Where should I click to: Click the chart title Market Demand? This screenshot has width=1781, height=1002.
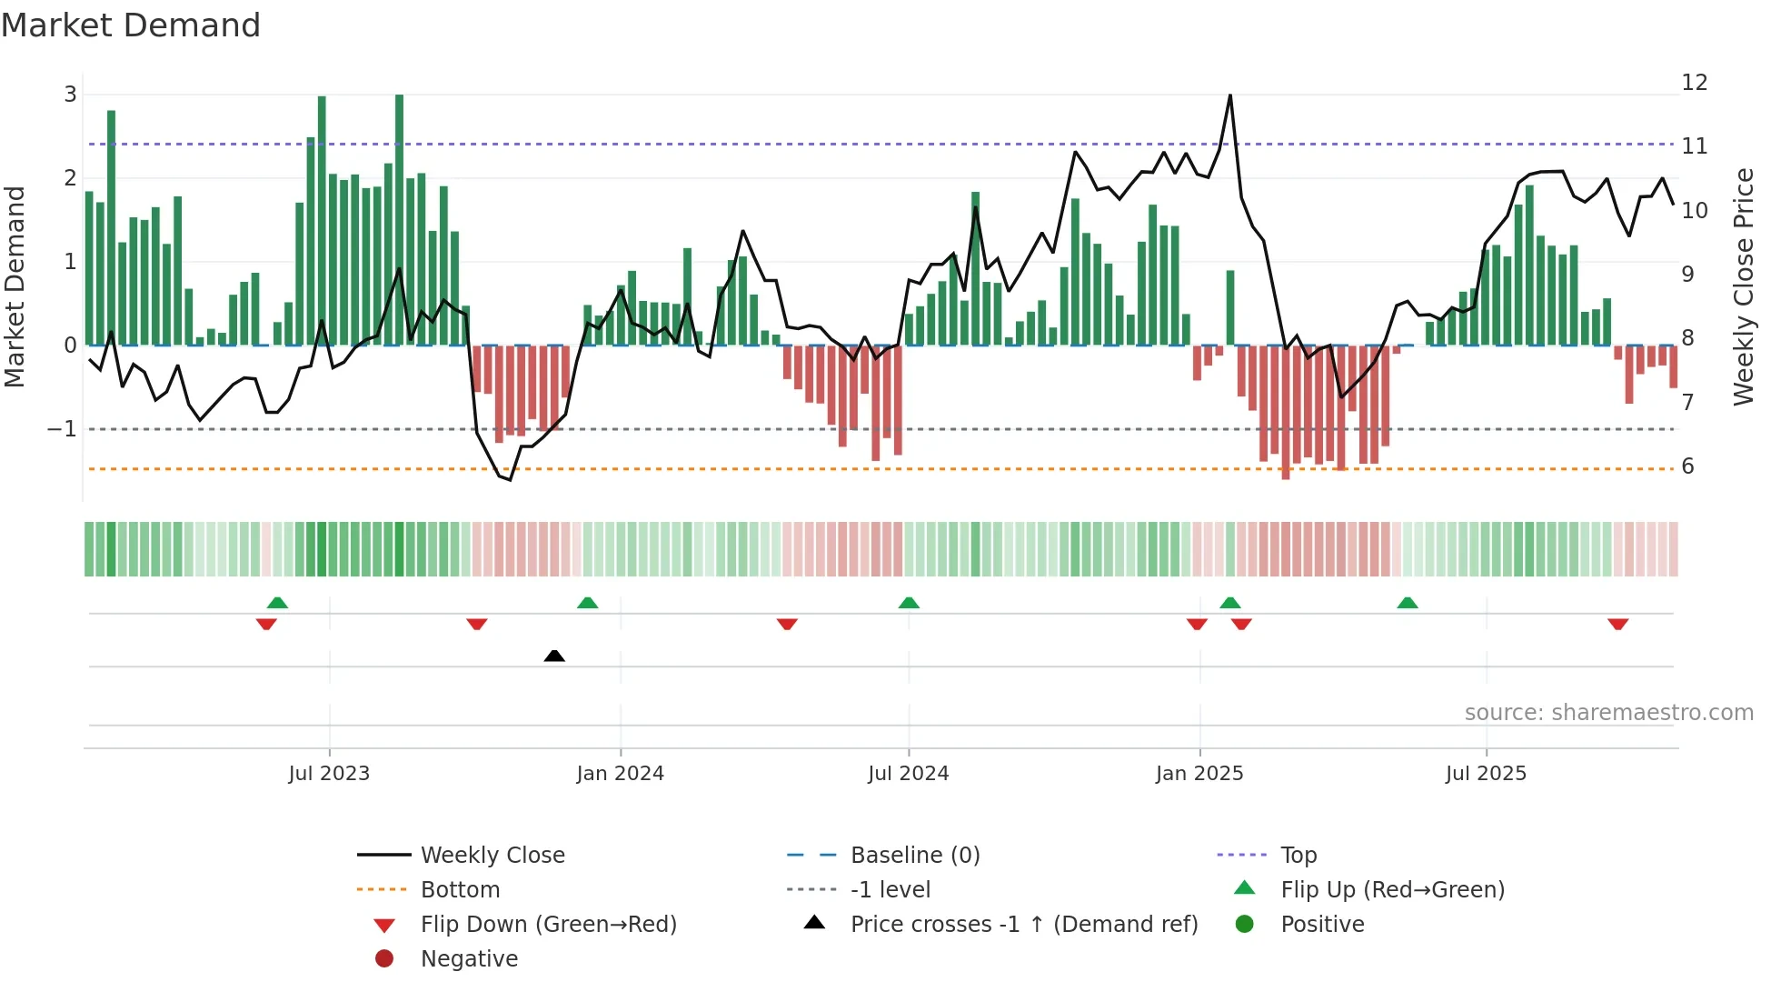coord(131,25)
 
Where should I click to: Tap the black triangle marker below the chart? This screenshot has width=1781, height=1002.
coord(554,656)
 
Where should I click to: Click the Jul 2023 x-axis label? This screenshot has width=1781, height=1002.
coord(329,774)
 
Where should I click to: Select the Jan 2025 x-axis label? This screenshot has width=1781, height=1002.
coord(1199,774)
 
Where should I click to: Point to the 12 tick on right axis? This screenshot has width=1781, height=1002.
coord(1695,83)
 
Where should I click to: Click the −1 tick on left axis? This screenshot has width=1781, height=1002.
coord(63,429)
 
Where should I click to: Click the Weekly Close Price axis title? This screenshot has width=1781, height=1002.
coord(1744,286)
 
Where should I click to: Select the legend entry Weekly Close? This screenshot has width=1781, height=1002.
coord(493,856)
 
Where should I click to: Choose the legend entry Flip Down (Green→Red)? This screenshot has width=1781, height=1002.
coord(548,925)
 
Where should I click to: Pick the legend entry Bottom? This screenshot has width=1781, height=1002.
coord(460,890)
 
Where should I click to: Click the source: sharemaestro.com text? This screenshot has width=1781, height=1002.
coord(1608,713)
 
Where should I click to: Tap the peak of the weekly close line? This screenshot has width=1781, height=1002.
coord(1230,95)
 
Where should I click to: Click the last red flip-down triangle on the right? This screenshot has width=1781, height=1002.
coord(1617,624)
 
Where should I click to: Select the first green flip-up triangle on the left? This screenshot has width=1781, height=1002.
coord(278,603)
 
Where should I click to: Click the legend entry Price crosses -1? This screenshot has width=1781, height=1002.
coord(1024,925)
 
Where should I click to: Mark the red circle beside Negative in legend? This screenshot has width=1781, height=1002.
coord(384,959)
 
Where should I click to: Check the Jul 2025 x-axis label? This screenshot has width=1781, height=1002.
coord(1486,774)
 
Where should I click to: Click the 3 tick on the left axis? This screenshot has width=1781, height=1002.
coord(70,95)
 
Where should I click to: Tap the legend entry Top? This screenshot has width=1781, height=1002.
coord(1298,856)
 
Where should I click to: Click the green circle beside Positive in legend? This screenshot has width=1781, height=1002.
coord(1245,925)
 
